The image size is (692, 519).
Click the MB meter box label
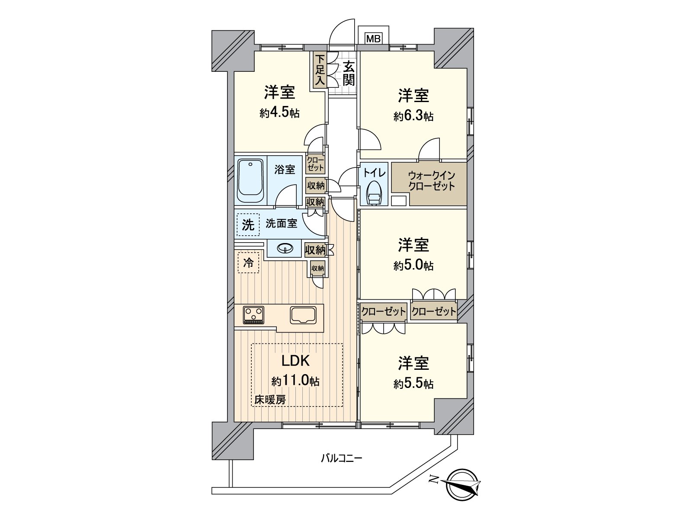373,39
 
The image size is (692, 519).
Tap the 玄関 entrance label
349,73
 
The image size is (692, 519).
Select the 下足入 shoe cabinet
320,70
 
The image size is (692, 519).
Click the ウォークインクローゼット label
431,181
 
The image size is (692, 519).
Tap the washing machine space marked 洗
248,224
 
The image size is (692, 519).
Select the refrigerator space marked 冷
248,263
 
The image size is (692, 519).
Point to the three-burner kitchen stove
254,314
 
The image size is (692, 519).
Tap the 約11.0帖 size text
295,381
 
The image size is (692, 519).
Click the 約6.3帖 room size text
413,116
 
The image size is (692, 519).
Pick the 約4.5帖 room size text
279,113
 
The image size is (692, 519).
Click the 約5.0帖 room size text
413,266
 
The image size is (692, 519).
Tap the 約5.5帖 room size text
413,384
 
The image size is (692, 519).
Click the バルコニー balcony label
341,458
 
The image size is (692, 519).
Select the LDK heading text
296,361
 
